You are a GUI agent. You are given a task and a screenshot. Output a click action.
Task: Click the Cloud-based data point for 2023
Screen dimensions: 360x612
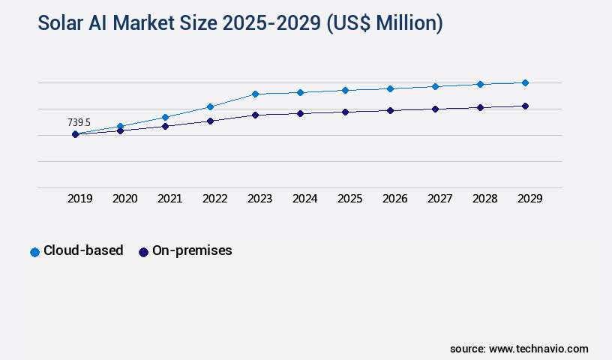[x=255, y=94]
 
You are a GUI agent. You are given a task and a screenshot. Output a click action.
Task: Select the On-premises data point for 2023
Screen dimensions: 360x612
[x=255, y=115]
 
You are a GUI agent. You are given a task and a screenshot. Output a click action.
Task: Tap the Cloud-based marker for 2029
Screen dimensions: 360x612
[x=525, y=82]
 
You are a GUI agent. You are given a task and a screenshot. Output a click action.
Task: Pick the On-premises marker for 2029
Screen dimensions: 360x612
[x=525, y=106]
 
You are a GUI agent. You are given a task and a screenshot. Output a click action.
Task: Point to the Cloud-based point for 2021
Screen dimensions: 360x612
[x=165, y=117]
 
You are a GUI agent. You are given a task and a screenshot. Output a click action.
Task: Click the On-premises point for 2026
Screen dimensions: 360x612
[x=390, y=110]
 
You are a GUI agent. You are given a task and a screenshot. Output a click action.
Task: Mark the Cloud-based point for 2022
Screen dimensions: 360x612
[x=210, y=106]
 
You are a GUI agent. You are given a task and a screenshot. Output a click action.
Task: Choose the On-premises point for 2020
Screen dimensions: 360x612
[x=120, y=130]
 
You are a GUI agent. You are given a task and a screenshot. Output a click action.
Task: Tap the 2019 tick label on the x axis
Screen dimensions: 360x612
[x=79, y=199]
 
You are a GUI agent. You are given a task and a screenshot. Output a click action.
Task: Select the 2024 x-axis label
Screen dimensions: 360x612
[x=304, y=199]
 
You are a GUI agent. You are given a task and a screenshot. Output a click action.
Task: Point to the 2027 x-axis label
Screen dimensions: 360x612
[x=439, y=199]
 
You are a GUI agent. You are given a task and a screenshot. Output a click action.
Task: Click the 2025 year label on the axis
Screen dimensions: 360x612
[x=349, y=199]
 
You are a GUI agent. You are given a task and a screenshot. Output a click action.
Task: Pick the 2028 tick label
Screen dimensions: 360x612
[x=484, y=199]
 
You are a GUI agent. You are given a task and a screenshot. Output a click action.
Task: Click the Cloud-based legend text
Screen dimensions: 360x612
[x=83, y=251]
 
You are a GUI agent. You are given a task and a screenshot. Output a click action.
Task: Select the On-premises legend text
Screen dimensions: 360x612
[x=192, y=251]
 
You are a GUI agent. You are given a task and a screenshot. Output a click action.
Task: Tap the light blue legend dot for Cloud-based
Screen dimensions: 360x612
[x=34, y=252]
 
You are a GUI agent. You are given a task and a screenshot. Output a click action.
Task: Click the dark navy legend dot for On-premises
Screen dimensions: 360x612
[x=143, y=252]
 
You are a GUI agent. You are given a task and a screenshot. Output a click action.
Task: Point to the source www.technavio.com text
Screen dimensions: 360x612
[x=519, y=349]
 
